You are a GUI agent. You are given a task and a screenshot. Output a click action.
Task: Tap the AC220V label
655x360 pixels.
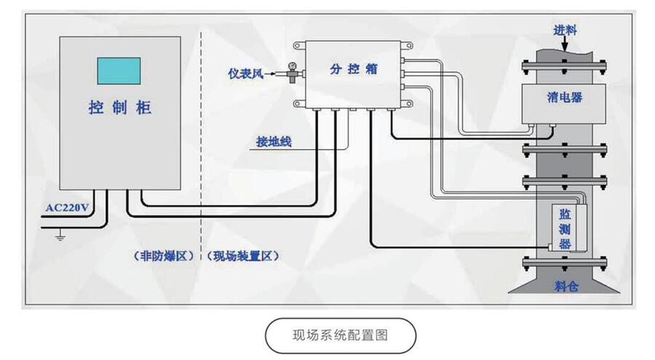coord(67,208)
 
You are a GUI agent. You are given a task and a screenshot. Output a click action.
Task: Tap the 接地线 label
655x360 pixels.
coord(274,141)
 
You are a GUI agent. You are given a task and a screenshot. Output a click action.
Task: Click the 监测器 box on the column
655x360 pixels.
coord(565,228)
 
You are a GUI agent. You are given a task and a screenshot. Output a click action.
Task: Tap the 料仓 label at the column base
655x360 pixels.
coord(565,287)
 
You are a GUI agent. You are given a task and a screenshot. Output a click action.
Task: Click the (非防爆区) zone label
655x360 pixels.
coord(162,256)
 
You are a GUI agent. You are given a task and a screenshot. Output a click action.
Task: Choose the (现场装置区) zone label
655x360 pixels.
coord(243,256)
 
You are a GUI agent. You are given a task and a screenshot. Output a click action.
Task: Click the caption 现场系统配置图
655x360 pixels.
coord(340,335)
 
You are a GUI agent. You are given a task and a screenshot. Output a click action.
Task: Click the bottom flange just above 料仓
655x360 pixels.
coord(565,262)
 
